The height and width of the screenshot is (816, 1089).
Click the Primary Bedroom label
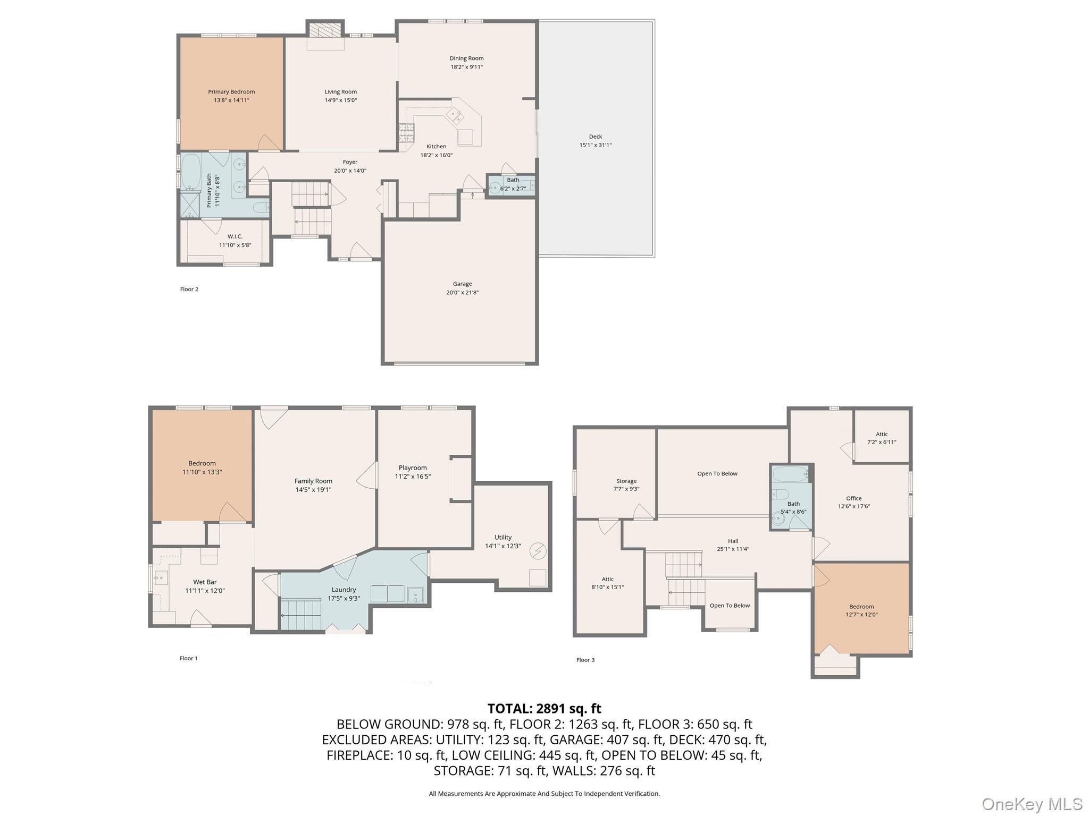tap(231, 92)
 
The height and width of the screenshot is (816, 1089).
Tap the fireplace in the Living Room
tap(325, 31)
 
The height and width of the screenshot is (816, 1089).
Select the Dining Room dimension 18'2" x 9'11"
tap(466, 67)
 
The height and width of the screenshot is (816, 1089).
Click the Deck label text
tap(595, 137)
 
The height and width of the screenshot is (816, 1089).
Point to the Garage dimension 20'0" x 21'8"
tap(462, 292)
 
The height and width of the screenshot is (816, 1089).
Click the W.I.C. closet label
tap(234, 236)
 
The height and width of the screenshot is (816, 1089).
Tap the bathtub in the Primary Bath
tap(190, 173)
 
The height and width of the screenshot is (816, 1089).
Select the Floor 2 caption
tap(189, 289)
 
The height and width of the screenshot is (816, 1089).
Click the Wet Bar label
tap(205, 582)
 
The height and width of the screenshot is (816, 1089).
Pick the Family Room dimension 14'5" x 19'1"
tap(313, 489)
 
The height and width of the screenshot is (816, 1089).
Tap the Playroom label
tap(413, 467)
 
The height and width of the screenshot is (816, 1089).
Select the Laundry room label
tap(344, 589)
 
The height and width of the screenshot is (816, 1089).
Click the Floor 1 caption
tap(188, 658)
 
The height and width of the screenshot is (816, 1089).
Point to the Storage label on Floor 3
tap(626, 481)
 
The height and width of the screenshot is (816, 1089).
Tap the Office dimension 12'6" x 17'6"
tap(853, 506)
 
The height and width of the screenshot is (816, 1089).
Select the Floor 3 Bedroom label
tap(861, 606)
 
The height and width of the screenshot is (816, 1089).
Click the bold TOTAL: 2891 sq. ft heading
tap(544, 708)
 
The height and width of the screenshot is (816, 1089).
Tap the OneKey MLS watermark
tap(1032, 804)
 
